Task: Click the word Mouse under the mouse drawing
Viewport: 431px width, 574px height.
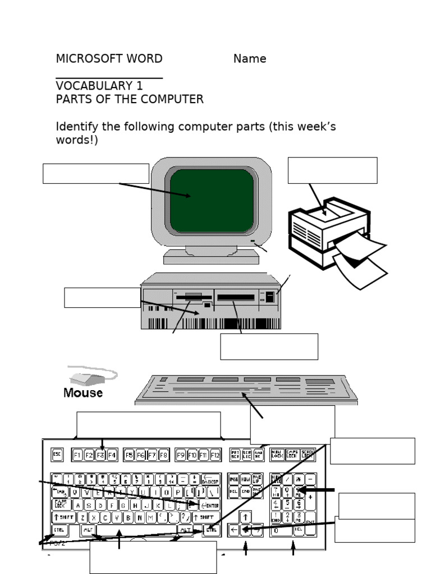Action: click(83, 393)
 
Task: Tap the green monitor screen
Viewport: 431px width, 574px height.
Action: click(212, 200)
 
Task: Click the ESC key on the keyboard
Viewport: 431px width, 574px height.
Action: click(57, 455)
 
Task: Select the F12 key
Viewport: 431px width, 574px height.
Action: click(215, 455)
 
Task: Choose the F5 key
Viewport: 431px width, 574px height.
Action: click(129, 455)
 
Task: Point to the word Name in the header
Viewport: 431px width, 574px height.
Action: click(250, 59)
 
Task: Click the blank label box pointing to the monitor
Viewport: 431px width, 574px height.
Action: click(95, 174)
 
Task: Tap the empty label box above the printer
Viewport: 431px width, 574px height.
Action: click(332, 170)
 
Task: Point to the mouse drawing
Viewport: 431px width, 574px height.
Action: click(90, 376)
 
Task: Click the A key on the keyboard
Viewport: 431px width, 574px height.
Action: click(77, 505)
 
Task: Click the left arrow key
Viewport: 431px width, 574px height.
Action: click(234, 529)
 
